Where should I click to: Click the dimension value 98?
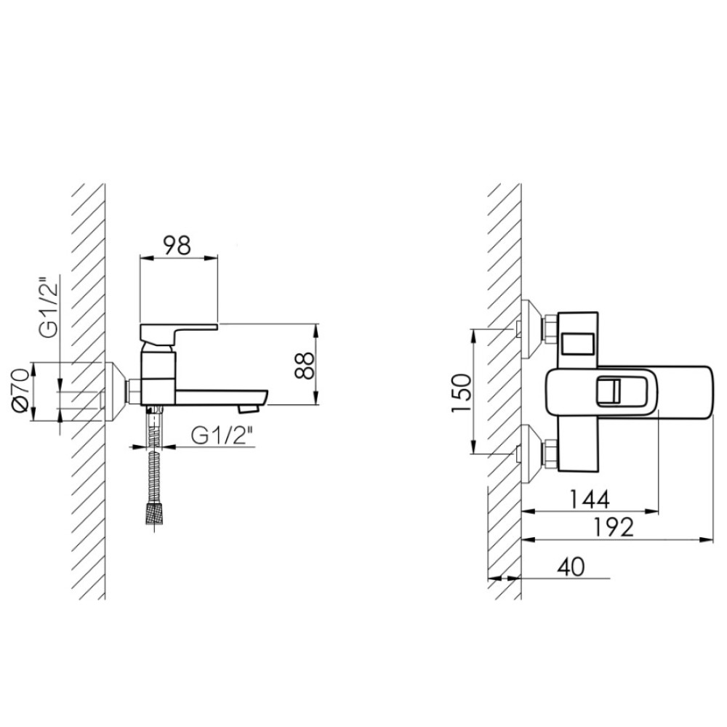tap(178, 245)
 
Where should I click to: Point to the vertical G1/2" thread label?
tap(49, 308)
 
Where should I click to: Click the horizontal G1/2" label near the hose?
tap(222, 435)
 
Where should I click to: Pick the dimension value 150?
tap(462, 393)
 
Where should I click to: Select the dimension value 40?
tap(571, 566)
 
